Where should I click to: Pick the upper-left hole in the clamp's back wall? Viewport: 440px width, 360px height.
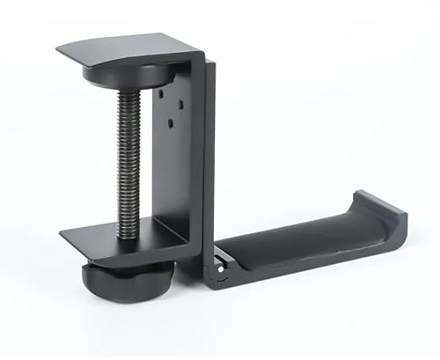(x=167, y=89)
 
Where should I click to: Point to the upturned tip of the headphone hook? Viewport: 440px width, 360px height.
(x=387, y=207)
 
